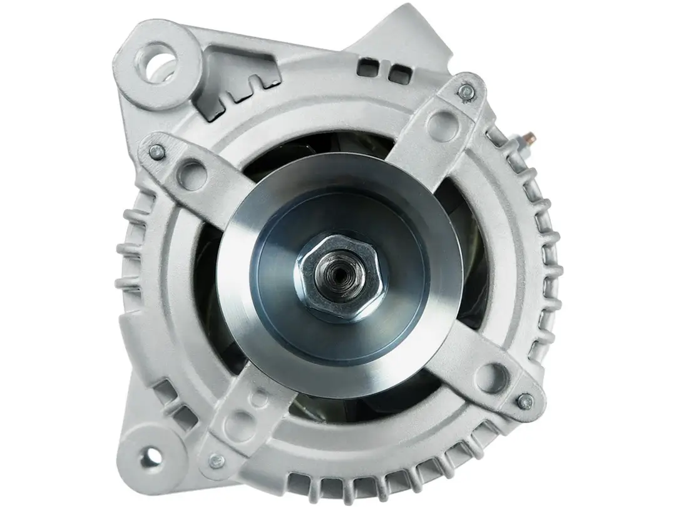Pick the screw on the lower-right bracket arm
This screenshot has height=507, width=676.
[524, 399]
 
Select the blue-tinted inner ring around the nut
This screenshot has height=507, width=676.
[376, 313]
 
